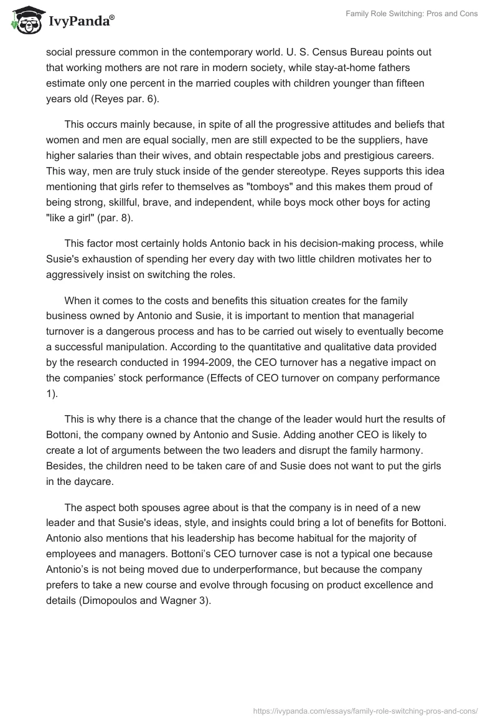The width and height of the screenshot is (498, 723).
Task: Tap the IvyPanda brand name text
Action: [x=81, y=22]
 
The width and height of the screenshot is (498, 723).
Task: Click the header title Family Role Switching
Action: [x=411, y=14]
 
